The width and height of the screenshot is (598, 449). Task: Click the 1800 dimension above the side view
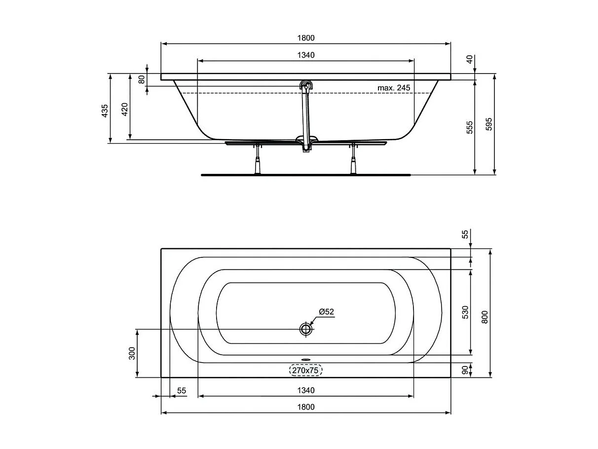[x=306, y=38]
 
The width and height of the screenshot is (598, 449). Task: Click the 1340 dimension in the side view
[x=306, y=55]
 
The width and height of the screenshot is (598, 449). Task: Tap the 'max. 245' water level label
[x=394, y=88]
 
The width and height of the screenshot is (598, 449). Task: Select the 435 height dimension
[x=105, y=111]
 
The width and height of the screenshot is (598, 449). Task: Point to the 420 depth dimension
[x=124, y=109]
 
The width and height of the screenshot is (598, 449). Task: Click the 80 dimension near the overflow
[x=142, y=80]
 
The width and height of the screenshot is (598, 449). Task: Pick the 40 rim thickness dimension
[x=470, y=59]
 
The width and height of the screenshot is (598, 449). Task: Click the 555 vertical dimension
[x=470, y=127]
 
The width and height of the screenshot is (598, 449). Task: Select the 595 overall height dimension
[x=489, y=124]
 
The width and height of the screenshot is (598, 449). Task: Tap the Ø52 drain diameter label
[x=326, y=312]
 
